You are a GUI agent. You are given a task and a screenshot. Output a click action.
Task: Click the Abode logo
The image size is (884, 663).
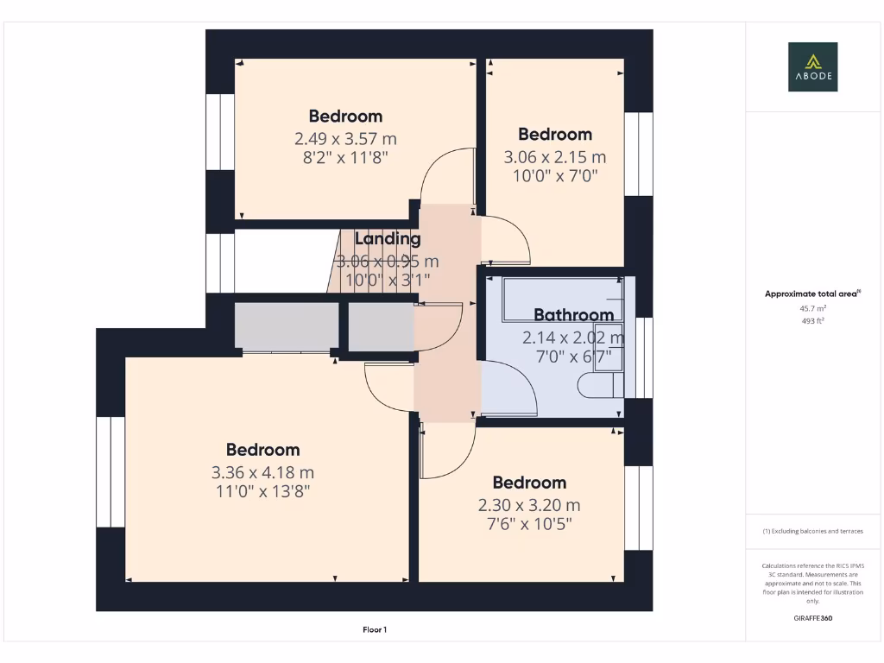coord(812,66)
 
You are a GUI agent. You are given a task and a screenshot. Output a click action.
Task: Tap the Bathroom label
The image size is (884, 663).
coord(573,315)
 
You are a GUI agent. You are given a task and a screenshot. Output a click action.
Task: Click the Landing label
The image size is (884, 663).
coord(388,239)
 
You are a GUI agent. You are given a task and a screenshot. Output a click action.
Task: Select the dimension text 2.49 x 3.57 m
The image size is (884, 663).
coord(345,138)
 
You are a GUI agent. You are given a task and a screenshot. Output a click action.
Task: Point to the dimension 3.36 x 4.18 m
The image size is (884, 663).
coord(262,472)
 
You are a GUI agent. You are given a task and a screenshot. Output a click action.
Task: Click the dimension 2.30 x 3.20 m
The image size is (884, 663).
coord(529,505)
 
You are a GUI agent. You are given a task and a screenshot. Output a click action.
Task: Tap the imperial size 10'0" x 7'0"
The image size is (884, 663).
coord(554,175)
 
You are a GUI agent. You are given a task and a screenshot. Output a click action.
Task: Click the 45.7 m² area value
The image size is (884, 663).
coord(812,308)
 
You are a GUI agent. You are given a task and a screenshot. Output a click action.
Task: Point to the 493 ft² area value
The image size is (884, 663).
coord(812,321)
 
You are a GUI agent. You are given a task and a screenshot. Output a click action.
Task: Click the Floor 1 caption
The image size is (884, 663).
coord(375,630)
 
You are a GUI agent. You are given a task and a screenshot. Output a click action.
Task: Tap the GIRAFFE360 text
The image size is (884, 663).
coord(812,618)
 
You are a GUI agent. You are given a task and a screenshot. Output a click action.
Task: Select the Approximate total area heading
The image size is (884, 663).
coord(811,294)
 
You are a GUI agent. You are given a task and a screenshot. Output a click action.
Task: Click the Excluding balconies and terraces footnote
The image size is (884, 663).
coord(812,531)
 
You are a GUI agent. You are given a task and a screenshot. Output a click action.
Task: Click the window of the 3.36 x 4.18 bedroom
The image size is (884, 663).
coord(110,471)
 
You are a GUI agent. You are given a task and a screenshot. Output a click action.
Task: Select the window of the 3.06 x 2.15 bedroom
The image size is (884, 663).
coord(639,154)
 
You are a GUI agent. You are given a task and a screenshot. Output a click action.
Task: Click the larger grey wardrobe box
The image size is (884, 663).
coord(286,327)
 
